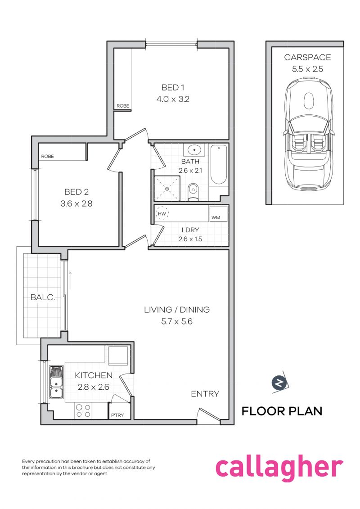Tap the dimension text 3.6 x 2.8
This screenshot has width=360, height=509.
76,204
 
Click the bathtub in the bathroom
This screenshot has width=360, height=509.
219,165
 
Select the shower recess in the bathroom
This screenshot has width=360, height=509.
167,188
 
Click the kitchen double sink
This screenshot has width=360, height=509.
56,383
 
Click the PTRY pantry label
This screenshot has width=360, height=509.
117,415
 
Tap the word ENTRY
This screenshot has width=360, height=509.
205,394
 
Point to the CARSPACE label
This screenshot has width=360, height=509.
307,57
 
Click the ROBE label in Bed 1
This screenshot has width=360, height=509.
123,106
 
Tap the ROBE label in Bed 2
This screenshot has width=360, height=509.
47,157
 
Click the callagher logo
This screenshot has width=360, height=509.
279,468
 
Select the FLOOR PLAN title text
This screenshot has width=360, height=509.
282,411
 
